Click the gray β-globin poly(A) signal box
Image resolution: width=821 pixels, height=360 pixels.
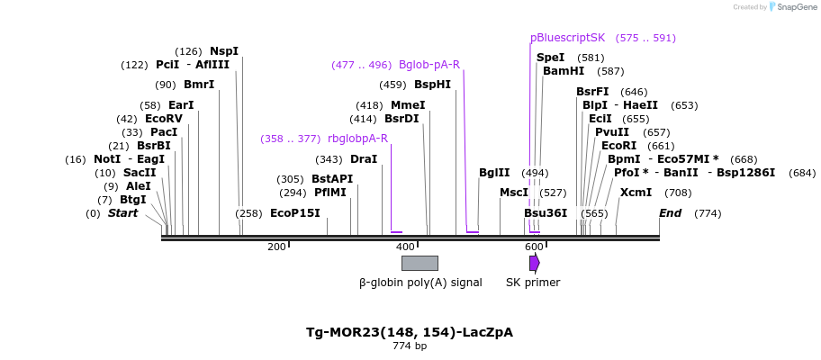(x=420, y=263)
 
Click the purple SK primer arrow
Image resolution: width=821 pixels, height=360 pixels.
(x=534, y=263)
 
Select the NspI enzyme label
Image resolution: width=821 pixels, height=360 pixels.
(x=224, y=51)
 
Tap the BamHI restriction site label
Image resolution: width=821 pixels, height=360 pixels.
(x=564, y=71)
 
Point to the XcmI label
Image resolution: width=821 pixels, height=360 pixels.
(x=636, y=193)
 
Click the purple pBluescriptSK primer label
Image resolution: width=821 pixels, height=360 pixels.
(x=567, y=38)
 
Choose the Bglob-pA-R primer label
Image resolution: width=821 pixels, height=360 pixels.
(x=429, y=65)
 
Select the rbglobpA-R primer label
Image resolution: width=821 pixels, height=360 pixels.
(x=357, y=139)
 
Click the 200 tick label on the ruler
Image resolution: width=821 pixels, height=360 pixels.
(x=276, y=247)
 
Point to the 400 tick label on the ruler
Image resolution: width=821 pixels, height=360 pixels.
(x=405, y=247)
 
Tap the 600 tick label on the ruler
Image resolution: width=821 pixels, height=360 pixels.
(x=534, y=247)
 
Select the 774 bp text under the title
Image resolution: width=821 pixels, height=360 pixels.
(x=410, y=346)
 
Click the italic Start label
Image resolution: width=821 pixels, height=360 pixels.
(x=122, y=213)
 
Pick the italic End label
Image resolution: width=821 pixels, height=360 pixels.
(x=671, y=213)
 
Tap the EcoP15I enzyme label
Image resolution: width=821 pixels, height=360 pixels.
(x=295, y=213)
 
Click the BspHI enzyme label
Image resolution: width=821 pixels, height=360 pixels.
(x=432, y=85)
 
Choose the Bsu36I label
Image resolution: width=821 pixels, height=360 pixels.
(x=546, y=213)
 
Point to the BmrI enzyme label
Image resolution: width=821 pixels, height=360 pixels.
(x=199, y=85)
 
